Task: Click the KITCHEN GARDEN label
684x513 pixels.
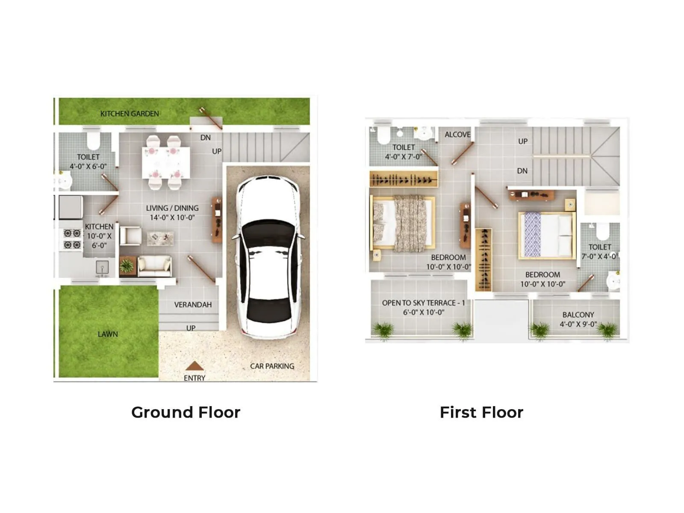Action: click(130, 114)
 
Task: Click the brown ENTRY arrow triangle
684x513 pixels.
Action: click(195, 366)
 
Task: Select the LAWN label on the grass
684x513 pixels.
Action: click(108, 334)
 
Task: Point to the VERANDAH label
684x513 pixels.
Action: click(193, 305)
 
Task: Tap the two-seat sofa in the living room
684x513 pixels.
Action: click(154, 265)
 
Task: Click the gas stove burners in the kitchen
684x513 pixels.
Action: click(72, 239)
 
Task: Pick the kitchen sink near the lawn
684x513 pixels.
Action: click(102, 268)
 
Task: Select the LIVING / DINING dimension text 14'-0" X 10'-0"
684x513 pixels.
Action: click(172, 218)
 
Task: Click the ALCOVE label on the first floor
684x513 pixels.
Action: click(457, 135)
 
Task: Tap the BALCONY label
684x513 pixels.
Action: click(578, 315)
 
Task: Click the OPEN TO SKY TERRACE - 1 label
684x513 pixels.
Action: click(423, 303)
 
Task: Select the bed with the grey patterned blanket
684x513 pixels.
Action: click(402, 223)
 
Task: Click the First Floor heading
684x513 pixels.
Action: click(481, 413)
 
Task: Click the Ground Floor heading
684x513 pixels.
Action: click(186, 413)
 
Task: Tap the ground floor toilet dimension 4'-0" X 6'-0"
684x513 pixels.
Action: click(88, 166)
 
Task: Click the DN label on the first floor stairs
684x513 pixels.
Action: click(522, 171)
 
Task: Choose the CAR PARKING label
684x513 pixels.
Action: click(272, 366)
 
